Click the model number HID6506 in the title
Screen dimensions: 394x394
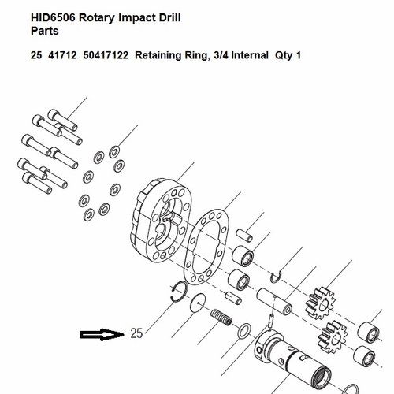tap(54, 18)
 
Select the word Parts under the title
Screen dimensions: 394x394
tap(45, 31)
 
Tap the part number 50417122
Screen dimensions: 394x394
tap(106, 55)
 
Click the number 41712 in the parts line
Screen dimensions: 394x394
tap(62, 55)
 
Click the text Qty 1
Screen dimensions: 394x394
tap(288, 55)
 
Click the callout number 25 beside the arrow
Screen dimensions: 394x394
tap(136, 333)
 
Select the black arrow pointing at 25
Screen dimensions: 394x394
tap(102, 334)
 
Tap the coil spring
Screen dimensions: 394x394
tap(221, 317)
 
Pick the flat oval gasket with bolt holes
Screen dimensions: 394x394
tap(206, 247)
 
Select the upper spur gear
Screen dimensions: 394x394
tap(320, 303)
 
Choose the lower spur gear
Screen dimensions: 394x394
tap(333, 336)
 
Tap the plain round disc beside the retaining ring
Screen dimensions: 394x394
tap(198, 303)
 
